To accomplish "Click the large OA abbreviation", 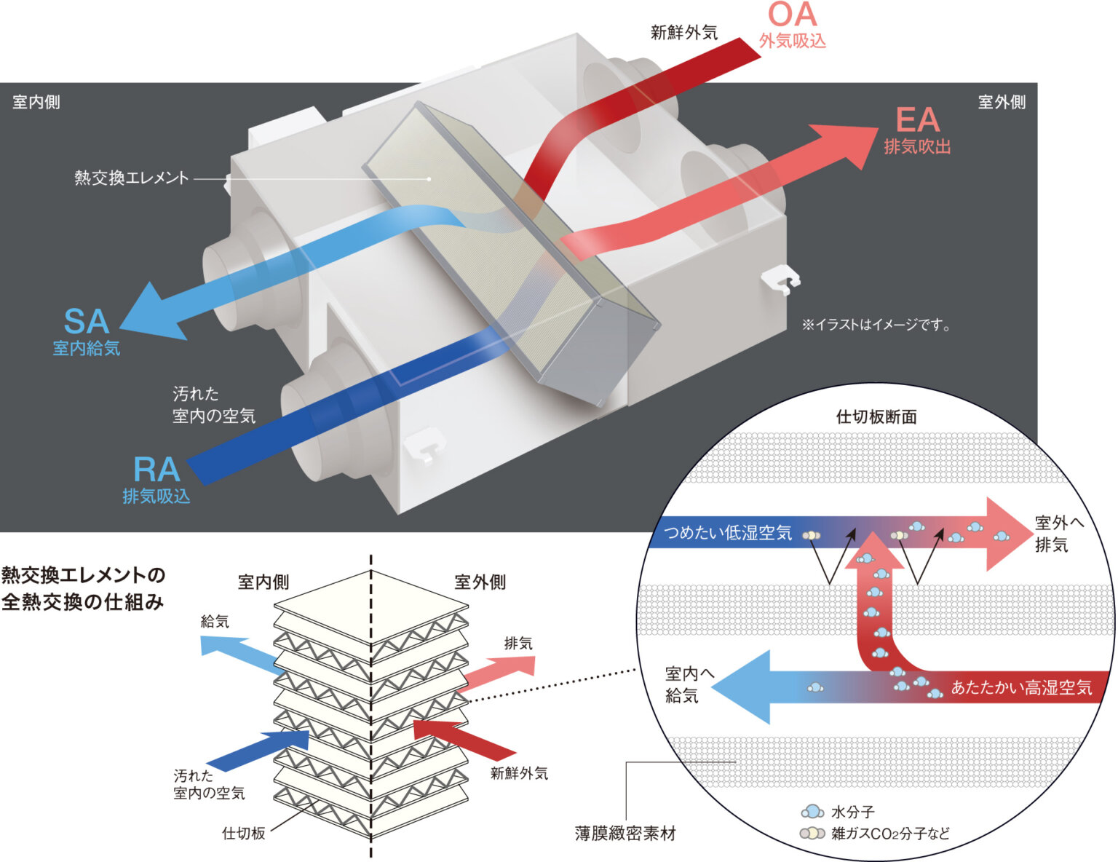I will (x=793, y=15).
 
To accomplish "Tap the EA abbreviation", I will (x=917, y=120).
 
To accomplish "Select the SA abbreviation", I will (x=86, y=322).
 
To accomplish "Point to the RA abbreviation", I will (x=156, y=470).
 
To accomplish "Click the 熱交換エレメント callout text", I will (x=132, y=178).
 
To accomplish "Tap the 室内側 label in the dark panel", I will (x=36, y=102).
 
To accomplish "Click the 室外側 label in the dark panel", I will (x=1002, y=102).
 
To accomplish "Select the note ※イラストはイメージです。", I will (x=876, y=325).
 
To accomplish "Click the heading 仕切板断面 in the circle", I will (x=876, y=417).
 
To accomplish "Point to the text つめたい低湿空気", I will (x=729, y=533).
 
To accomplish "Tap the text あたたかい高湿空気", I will (x=1021, y=687).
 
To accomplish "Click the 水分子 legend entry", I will (x=852, y=812).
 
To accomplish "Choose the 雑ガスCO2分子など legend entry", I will (x=890, y=833).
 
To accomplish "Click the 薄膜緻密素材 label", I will (x=625, y=834).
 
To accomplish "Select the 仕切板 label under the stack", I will (x=244, y=834).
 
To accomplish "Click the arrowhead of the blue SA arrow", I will (x=149, y=315).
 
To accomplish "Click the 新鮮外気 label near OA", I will (x=683, y=33).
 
